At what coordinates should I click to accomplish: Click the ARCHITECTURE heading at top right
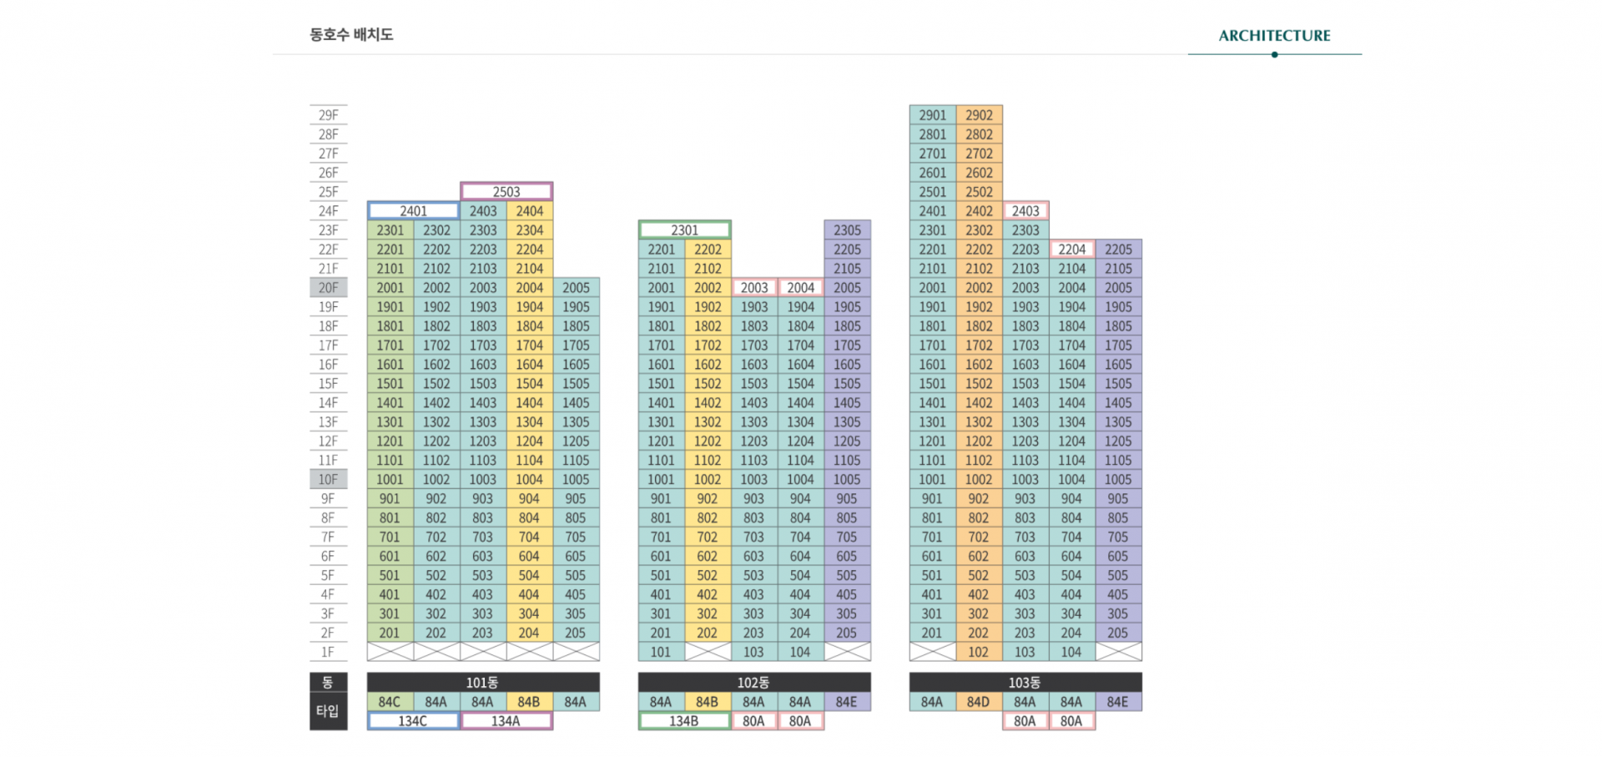coord(1274,36)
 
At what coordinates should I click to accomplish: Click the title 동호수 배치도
coord(350,35)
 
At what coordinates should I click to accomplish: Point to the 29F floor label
coord(328,115)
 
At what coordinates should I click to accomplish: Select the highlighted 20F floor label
coord(328,288)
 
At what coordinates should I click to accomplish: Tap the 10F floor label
coord(328,480)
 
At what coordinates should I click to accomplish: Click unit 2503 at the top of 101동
coord(506,192)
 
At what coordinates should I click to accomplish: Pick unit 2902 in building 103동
coord(979,115)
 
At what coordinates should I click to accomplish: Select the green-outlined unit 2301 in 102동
coord(684,230)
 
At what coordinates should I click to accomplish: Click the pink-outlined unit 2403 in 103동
coord(1025,211)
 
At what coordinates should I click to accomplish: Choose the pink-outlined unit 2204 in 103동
coord(1072,250)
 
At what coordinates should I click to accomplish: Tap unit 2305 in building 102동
coord(847,230)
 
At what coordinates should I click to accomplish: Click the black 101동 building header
coord(482,683)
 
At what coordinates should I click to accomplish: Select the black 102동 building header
coord(753,683)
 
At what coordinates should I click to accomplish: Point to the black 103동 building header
coord(1025,683)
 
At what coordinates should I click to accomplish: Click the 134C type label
coord(412,721)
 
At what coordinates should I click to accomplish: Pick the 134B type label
coord(683,721)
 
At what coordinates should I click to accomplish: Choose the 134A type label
coord(506,721)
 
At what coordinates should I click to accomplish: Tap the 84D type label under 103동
coord(978,702)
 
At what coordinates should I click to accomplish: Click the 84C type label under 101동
coord(389,702)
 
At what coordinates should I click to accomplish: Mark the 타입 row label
coord(327,711)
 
